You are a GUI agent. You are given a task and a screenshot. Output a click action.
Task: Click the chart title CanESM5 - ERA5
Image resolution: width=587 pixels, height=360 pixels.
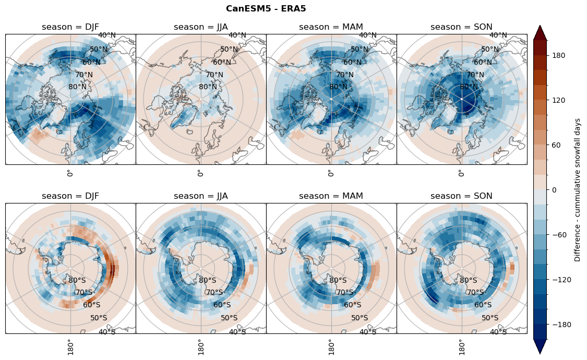coord(266,9)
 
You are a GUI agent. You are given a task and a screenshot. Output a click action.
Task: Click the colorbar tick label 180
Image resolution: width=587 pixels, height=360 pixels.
coord(559,55)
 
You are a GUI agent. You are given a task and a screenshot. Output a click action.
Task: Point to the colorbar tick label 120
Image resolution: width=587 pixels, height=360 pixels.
coord(559,100)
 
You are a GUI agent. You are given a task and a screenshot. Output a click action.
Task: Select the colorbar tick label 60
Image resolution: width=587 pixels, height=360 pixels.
coord(557,145)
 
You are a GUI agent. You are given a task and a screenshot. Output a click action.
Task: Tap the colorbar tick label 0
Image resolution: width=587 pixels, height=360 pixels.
coord(555,190)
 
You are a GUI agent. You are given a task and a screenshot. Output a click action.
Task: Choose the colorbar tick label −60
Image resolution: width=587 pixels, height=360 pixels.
coord(559,235)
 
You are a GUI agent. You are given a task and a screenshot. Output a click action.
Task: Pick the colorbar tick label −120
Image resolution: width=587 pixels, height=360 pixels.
coord(561,280)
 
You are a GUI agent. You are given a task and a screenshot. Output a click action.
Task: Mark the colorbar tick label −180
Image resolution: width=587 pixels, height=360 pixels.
coord(561,325)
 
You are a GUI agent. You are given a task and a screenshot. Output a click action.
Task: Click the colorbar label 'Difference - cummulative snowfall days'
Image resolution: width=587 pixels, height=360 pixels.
coord(577,190)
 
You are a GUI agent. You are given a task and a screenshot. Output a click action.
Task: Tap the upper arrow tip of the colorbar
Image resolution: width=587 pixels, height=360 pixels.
coord(540,26)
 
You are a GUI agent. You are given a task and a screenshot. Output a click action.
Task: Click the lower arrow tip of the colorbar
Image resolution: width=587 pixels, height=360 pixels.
coord(540,353)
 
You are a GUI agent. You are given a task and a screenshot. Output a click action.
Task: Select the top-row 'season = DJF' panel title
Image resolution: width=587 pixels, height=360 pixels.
coord(70,27)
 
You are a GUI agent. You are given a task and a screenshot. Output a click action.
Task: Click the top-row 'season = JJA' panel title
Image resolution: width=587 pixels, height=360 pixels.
coord(201,27)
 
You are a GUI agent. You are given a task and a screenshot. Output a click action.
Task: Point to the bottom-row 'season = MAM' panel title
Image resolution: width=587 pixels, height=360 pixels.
coord(331,196)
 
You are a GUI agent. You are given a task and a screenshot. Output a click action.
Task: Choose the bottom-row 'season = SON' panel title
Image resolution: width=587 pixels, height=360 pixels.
coord(462,196)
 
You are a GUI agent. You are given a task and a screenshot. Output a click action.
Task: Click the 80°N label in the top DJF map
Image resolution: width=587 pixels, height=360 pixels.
coord(78,87)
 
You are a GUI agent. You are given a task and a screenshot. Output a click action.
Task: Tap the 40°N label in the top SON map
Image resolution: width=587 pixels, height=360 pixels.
coord(498,35)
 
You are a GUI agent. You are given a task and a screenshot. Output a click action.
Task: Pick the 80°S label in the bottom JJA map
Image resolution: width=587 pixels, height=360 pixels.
coord(208,281)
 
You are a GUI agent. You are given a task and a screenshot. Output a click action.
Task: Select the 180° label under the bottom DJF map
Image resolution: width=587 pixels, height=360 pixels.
coord(70,346)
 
